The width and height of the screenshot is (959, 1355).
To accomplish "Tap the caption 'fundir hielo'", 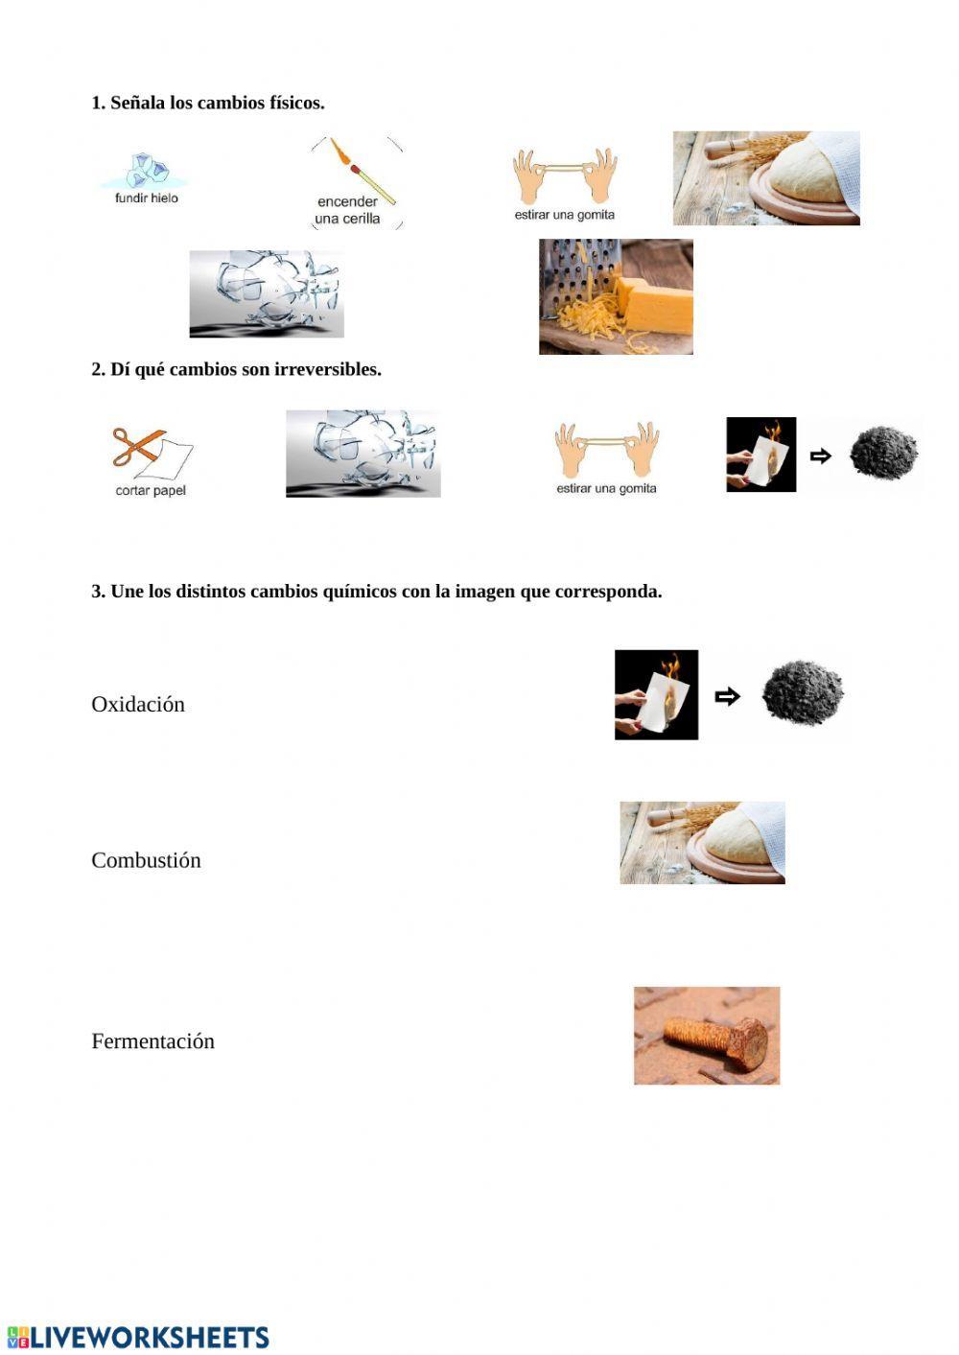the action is point(147,198).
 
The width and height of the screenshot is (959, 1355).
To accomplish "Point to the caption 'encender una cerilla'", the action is point(347,210).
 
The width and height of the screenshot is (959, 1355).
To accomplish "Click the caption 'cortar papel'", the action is point(151,491).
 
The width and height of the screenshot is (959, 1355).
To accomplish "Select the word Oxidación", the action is point(138,704).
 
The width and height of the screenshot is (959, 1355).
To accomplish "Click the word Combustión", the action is point(146,860).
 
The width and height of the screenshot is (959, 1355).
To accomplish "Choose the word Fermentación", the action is point(153,1041).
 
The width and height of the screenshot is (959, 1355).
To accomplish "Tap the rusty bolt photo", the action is point(707,1036).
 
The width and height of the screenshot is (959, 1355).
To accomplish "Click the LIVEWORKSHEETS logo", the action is point(138,1338).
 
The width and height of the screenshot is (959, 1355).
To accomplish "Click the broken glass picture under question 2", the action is point(363,454).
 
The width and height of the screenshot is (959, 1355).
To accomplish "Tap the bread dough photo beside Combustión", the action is point(702,843).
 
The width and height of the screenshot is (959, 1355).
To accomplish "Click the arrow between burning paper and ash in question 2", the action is point(821,456).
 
